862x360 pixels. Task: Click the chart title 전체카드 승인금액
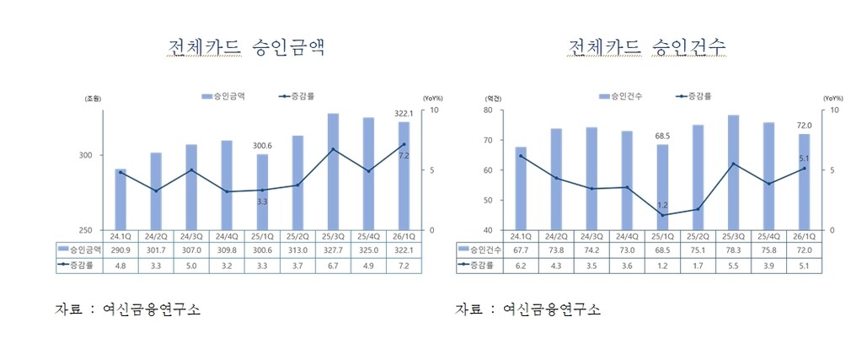coord(246,46)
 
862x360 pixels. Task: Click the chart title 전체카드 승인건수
coord(647,46)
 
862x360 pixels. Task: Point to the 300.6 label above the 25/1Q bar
coord(263,146)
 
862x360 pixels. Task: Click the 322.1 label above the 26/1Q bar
coord(404,114)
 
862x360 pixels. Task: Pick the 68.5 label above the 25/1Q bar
coord(662,136)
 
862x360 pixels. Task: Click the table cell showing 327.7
coord(333,250)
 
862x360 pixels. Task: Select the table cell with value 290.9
coord(120,250)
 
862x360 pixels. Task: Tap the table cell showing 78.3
coord(733,250)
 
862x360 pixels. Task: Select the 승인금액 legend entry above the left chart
coord(223,96)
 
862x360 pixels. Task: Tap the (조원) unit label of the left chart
coord(93,99)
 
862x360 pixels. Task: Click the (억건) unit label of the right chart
coord(493,99)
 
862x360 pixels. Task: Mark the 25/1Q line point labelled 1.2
coord(662,215)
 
